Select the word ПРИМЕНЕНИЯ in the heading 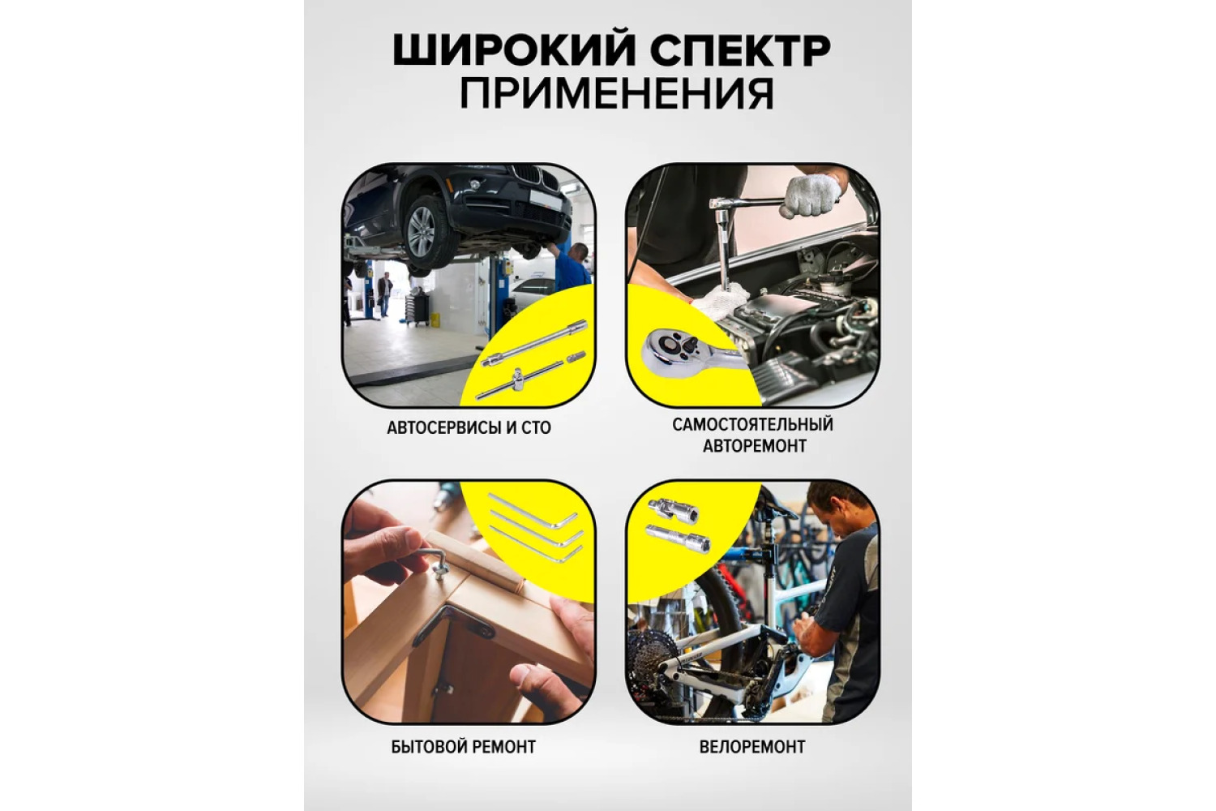click(617, 93)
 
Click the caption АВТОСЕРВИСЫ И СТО click(469, 428)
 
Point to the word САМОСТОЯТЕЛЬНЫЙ click(753, 425)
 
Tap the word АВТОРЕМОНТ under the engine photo click(755, 446)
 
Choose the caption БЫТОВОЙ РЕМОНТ click(464, 748)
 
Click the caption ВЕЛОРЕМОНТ click(752, 748)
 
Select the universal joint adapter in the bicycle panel click(673, 511)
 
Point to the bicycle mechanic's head click(832, 508)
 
